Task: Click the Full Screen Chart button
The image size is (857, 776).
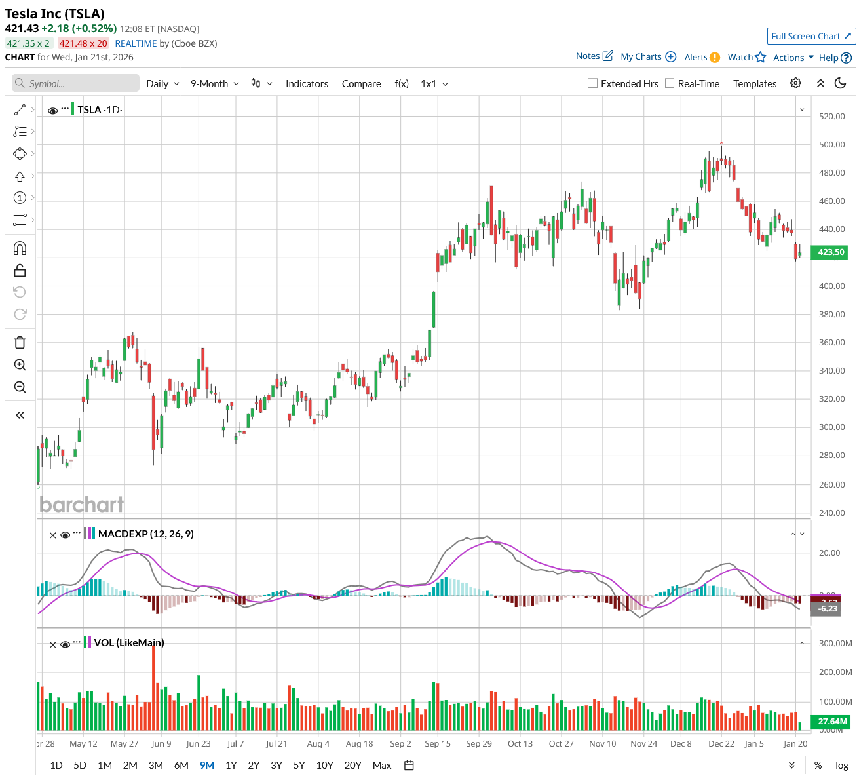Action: (x=811, y=36)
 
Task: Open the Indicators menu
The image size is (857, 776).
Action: (x=307, y=84)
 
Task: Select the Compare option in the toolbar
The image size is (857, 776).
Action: (x=361, y=84)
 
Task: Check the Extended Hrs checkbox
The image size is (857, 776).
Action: (x=593, y=83)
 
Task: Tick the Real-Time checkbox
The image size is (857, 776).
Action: (x=670, y=83)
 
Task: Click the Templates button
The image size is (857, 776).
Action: (x=755, y=84)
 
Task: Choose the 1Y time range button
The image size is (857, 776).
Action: (x=231, y=765)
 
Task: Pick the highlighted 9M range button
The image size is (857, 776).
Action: (x=207, y=765)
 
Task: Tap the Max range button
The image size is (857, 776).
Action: (x=382, y=765)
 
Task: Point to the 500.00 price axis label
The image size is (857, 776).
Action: (x=832, y=145)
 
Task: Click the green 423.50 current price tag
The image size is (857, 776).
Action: (x=830, y=252)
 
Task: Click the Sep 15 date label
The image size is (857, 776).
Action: (x=438, y=743)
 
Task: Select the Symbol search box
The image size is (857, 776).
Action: (x=76, y=83)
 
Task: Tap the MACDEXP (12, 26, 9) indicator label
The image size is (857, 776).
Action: (x=145, y=534)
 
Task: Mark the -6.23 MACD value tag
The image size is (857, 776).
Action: (x=828, y=608)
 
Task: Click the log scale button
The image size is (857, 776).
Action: (x=842, y=765)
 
